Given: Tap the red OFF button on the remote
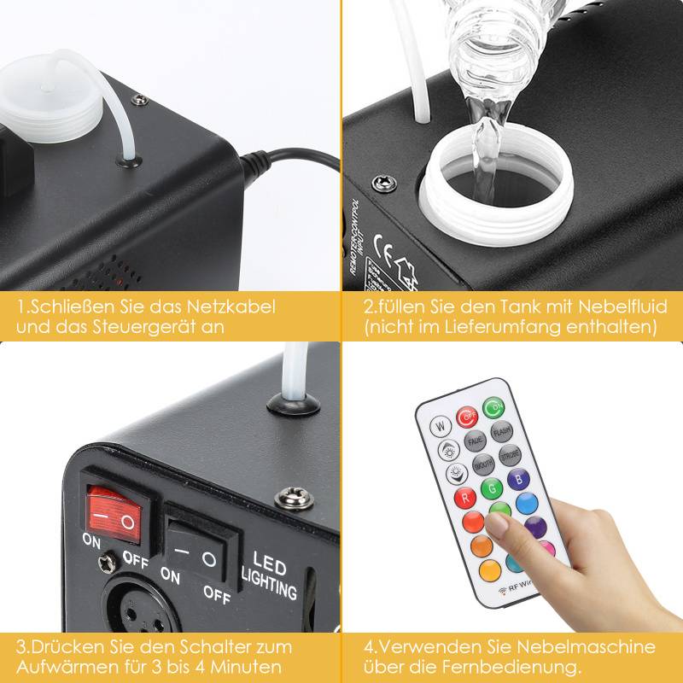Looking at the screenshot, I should pyautogui.click(x=468, y=418).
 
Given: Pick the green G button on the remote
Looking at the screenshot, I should pyautogui.click(x=490, y=489).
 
